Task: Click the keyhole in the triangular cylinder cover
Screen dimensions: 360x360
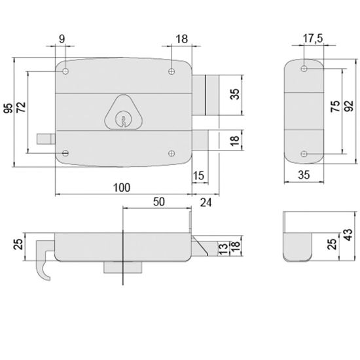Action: point(120,120)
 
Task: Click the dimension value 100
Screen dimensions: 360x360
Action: point(121,188)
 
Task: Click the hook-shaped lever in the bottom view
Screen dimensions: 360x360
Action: point(41,264)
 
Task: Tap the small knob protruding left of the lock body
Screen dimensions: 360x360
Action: point(46,138)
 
